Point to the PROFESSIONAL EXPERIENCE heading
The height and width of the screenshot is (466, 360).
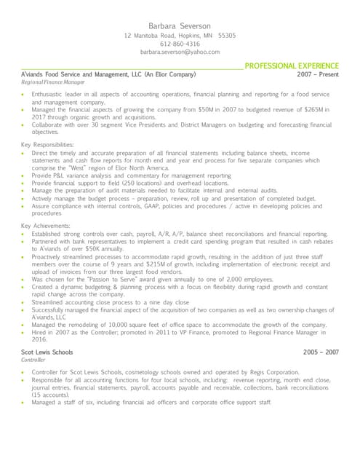coord(292,66)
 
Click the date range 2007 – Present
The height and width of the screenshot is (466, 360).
coord(318,74)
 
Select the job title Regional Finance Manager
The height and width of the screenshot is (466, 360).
coord(53,83)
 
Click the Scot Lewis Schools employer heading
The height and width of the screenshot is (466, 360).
coord(47,352)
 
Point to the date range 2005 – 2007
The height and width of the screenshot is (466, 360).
coord(321,352)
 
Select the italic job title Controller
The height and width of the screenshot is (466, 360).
coord(33,360)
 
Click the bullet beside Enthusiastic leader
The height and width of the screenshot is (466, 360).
coord(24,95)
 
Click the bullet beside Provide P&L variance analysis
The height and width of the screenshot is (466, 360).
coord(24,175)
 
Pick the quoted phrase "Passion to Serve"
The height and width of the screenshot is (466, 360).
coord(108,280)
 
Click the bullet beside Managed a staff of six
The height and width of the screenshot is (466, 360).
coord(24,402)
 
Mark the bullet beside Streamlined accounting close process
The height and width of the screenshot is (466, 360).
coord(24,302)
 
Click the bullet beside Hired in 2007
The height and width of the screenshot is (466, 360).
coord(24,332)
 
